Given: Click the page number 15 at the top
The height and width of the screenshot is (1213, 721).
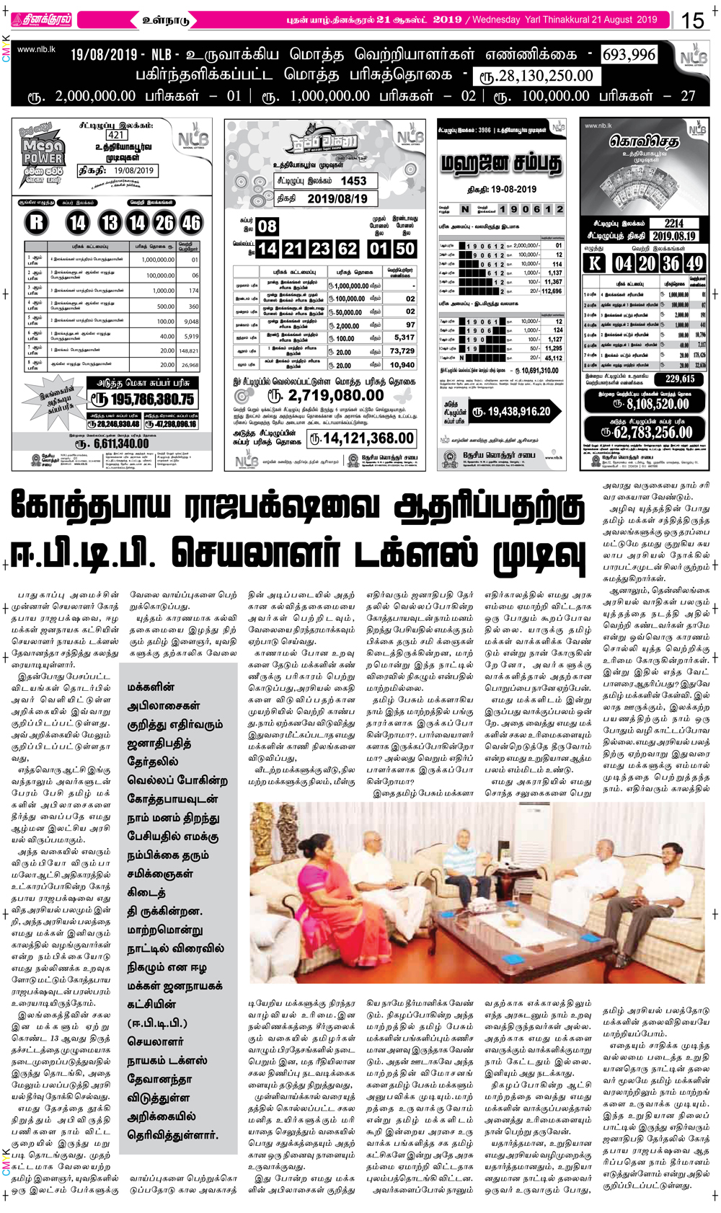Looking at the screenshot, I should [x=692, y=19].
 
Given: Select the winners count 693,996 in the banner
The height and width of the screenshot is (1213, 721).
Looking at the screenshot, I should [x=629, y=55].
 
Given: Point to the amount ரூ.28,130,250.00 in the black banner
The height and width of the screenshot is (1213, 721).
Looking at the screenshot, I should [x=536, y=76].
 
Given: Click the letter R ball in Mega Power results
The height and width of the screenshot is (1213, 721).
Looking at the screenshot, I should [x=37, y=222].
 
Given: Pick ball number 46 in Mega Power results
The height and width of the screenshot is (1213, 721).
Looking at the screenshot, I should [x=191, y=222].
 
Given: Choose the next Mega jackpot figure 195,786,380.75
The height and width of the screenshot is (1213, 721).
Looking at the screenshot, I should [x=143, y=399].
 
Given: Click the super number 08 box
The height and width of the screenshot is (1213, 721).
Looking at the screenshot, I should [x=267, y=226].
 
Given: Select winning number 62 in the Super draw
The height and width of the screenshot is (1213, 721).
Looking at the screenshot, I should [x=348, y=249].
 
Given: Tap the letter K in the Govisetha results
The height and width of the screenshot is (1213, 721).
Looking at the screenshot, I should [x=594, y=263].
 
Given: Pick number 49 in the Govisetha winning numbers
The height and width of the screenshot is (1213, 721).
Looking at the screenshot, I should [x=694, y=263].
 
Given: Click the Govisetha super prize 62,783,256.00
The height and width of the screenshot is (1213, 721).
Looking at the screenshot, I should [x=647, y=432].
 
